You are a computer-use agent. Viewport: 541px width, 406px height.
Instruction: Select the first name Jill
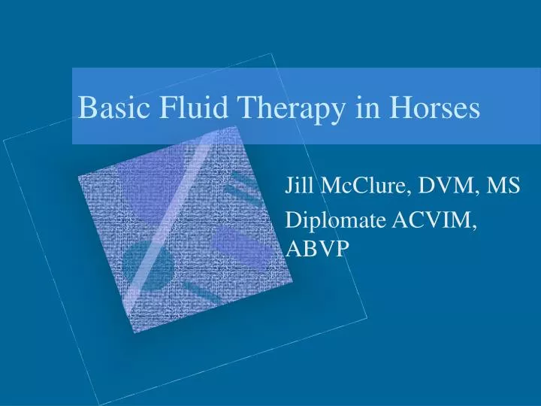[298, 185]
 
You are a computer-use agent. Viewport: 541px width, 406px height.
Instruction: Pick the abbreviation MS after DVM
[503, 185]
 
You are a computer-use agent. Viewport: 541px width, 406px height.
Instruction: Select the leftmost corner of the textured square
[78, 174]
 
